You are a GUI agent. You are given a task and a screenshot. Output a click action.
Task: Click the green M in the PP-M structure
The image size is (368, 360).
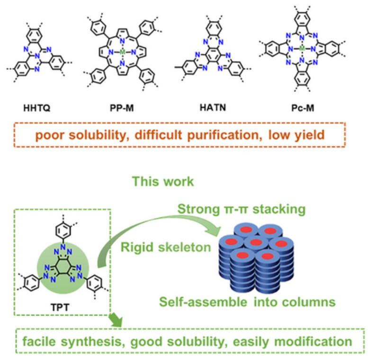click(122, 52)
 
